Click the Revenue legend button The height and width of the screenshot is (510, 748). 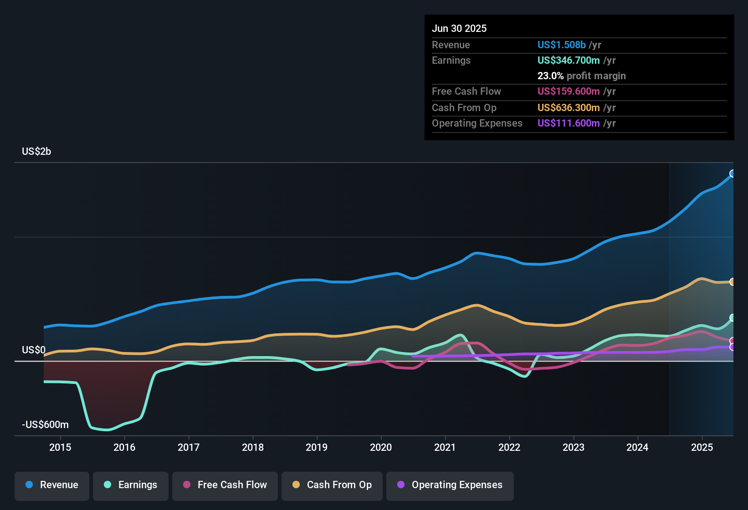[x=52, y=485]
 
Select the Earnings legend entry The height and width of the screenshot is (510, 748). [x=131, y=485]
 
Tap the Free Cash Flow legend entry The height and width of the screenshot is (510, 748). [x=225, y=485]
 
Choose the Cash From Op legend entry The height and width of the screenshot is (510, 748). [x=332, y=485]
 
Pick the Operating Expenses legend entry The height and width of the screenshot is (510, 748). [x=450, y=485]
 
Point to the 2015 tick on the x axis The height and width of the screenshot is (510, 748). [x=60, y=447]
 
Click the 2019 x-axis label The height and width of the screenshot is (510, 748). [x=317, y=447]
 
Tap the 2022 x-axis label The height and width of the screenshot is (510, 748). [x=509, y=447]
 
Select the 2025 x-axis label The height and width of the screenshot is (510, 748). [x=702, y=447]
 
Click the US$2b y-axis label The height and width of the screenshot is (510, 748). [x=36, y=152]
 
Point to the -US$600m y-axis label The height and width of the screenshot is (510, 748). [x=45, y=425]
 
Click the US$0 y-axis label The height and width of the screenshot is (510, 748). [x=34, y=350]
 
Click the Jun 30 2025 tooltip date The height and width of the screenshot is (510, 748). [x=459, y=29]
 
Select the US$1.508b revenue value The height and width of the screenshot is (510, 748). [x=561, y=45]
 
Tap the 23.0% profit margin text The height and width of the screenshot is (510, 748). [x=581, y=76]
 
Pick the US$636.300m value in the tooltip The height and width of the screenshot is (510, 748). [x=568, y=108]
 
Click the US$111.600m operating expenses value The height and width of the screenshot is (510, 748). [x=568, y=123]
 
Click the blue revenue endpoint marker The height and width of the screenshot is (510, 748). [x=733, y=173]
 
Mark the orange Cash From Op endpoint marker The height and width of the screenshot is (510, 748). [x=733, y=282]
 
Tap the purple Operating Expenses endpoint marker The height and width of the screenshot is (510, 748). [x=733, y=347]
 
